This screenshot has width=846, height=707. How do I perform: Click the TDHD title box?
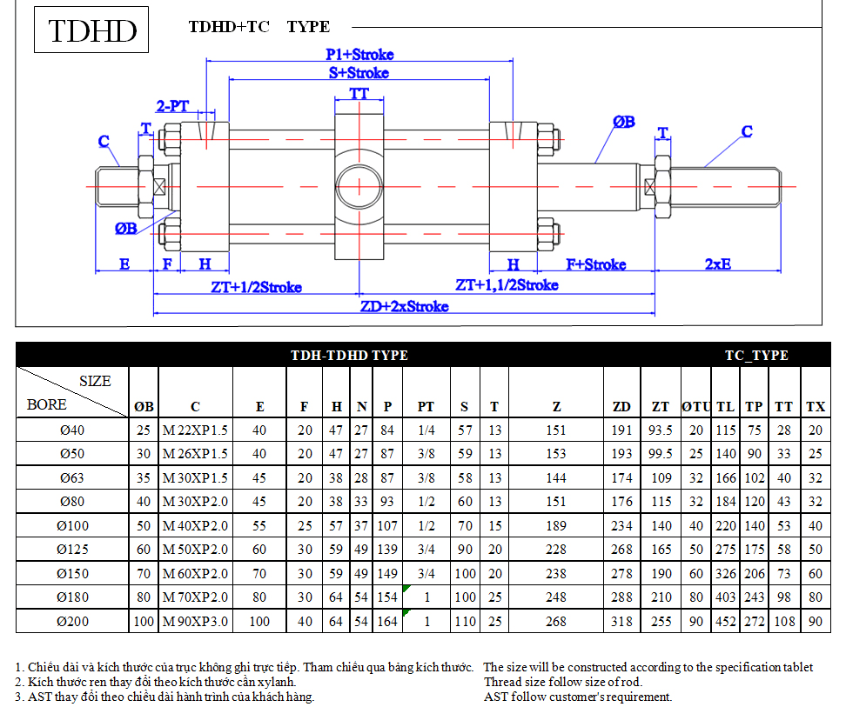(91, 30)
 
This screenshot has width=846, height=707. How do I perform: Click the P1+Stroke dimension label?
(359, 55)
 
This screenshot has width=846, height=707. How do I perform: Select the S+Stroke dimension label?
(359, 73)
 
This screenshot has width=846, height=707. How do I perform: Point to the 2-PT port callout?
(172, 106)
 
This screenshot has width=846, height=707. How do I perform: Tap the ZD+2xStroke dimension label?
(404, 306)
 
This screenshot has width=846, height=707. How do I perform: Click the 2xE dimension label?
(717, 264)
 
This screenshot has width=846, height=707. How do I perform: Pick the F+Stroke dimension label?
(595, 264)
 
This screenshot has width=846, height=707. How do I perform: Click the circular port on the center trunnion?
(359, 187)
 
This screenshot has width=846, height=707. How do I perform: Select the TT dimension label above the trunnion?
(359, 94)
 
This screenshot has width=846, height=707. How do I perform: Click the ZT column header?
(661, 407)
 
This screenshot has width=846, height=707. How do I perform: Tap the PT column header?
(426, 407)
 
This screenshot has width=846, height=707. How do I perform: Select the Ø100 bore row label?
(72, 525)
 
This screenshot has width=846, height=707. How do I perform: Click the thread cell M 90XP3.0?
(195, 621)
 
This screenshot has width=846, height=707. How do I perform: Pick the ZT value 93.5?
(661, 430)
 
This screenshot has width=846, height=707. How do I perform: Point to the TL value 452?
(726, 621)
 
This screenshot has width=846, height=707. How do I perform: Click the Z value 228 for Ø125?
(555, 549)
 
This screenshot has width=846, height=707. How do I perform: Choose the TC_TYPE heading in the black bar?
(756, 355)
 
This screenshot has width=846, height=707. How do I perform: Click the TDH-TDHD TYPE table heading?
(349, 355)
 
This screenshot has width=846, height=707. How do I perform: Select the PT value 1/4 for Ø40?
(426, 430)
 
